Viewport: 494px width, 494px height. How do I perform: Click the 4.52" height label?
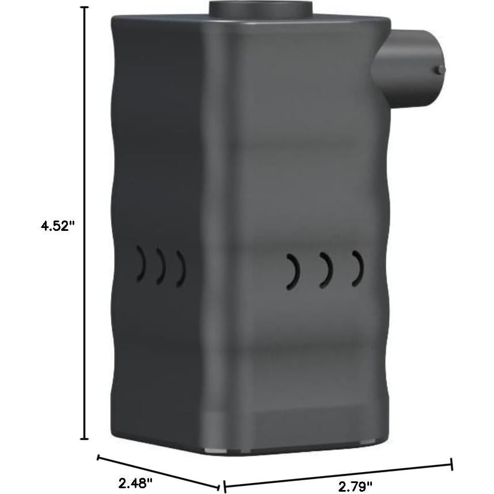(58, 226)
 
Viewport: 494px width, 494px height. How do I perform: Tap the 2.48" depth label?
(136, 482)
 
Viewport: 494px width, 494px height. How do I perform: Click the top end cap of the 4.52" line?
(85, 7)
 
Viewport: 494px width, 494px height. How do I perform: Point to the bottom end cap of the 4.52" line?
(85, 439)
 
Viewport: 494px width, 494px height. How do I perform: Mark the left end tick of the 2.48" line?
(98, 458)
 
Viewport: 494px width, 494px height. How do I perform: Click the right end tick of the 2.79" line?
(452, 464)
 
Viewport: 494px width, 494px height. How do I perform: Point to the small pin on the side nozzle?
(440, 69)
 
